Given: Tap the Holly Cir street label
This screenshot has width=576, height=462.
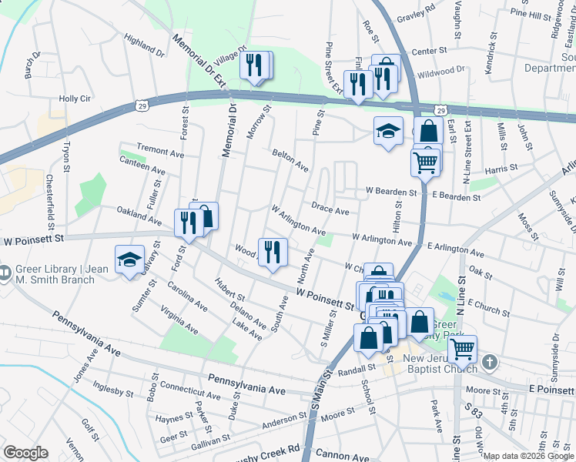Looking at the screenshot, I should coord(75,99).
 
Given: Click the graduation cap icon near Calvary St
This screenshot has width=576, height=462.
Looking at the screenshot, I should coord(129,259).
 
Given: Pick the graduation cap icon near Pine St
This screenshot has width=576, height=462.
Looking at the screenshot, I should coord(388,131).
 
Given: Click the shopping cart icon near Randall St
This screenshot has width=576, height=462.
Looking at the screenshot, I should coord(462,349).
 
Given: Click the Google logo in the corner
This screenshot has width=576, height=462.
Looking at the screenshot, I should coord(25,453).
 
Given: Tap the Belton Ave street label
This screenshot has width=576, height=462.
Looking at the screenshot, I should coord(290,161).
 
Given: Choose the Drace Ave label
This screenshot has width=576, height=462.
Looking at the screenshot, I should coord(330,208).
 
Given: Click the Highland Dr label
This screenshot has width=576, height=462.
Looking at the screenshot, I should coord(144,45).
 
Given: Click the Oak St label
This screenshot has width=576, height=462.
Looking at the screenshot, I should coord(480,273).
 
